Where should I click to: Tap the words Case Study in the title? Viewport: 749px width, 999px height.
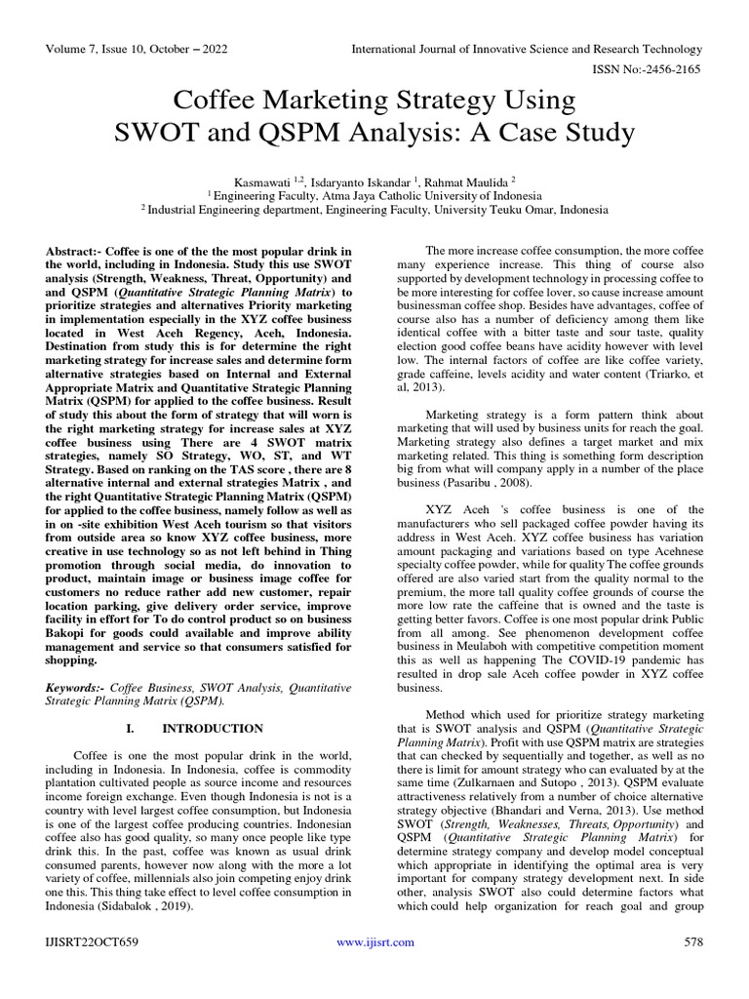563,132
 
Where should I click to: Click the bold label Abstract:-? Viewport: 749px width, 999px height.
78,252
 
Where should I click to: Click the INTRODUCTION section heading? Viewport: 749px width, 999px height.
213,728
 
